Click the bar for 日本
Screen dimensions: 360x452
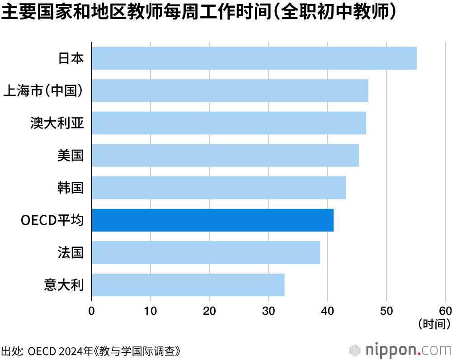[254, 58]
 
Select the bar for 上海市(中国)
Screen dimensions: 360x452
[230, 90]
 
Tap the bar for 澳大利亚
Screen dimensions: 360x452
[228, 123]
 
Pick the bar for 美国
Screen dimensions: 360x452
[225, 155]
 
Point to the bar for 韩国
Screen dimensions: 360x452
[218, 188]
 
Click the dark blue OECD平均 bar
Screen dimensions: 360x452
[212, 220]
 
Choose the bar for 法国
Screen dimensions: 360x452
[206, 252]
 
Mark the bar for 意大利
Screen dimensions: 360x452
[188, 285]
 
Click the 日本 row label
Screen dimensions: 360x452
[71, 58]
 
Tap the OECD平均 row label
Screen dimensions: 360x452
[52, 220]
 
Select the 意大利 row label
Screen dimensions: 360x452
[64, 285]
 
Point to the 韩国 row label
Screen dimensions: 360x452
[71, 188]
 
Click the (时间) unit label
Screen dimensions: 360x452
[434, 323]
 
